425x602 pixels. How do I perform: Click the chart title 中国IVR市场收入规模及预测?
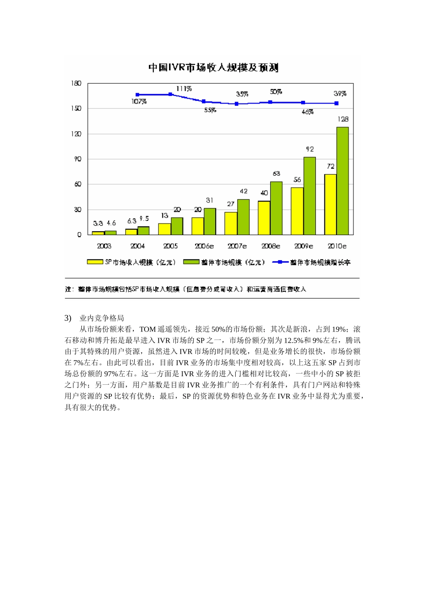pos(213,68)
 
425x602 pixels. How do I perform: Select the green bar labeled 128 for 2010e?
pos(343,181)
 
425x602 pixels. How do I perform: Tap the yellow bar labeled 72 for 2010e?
pos(330,204)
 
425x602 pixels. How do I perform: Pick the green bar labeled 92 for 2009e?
pos(310,196)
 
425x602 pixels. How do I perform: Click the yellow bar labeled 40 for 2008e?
pos(264,218)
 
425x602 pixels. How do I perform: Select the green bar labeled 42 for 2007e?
pos(243,217)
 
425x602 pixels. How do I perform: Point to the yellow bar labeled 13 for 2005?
pos(164,229)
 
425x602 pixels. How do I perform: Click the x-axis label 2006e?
pos(204,246)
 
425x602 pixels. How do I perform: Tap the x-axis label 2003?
pos(104,246)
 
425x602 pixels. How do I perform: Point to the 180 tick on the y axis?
pos(76,83)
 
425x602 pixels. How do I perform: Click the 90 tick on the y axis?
pos(78,159)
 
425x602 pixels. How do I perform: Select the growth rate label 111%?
pos(184,89)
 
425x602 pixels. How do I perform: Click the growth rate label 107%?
pos(139,102)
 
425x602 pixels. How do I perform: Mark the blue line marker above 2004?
pos(137,95)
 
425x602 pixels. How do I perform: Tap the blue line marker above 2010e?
pos(336,103)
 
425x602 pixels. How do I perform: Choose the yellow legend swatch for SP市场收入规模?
pos(95,262)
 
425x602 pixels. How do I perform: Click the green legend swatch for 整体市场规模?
pos(191,262)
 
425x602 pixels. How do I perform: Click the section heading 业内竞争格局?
pos(102,318)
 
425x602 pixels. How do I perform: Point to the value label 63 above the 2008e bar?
pos(276,173)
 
